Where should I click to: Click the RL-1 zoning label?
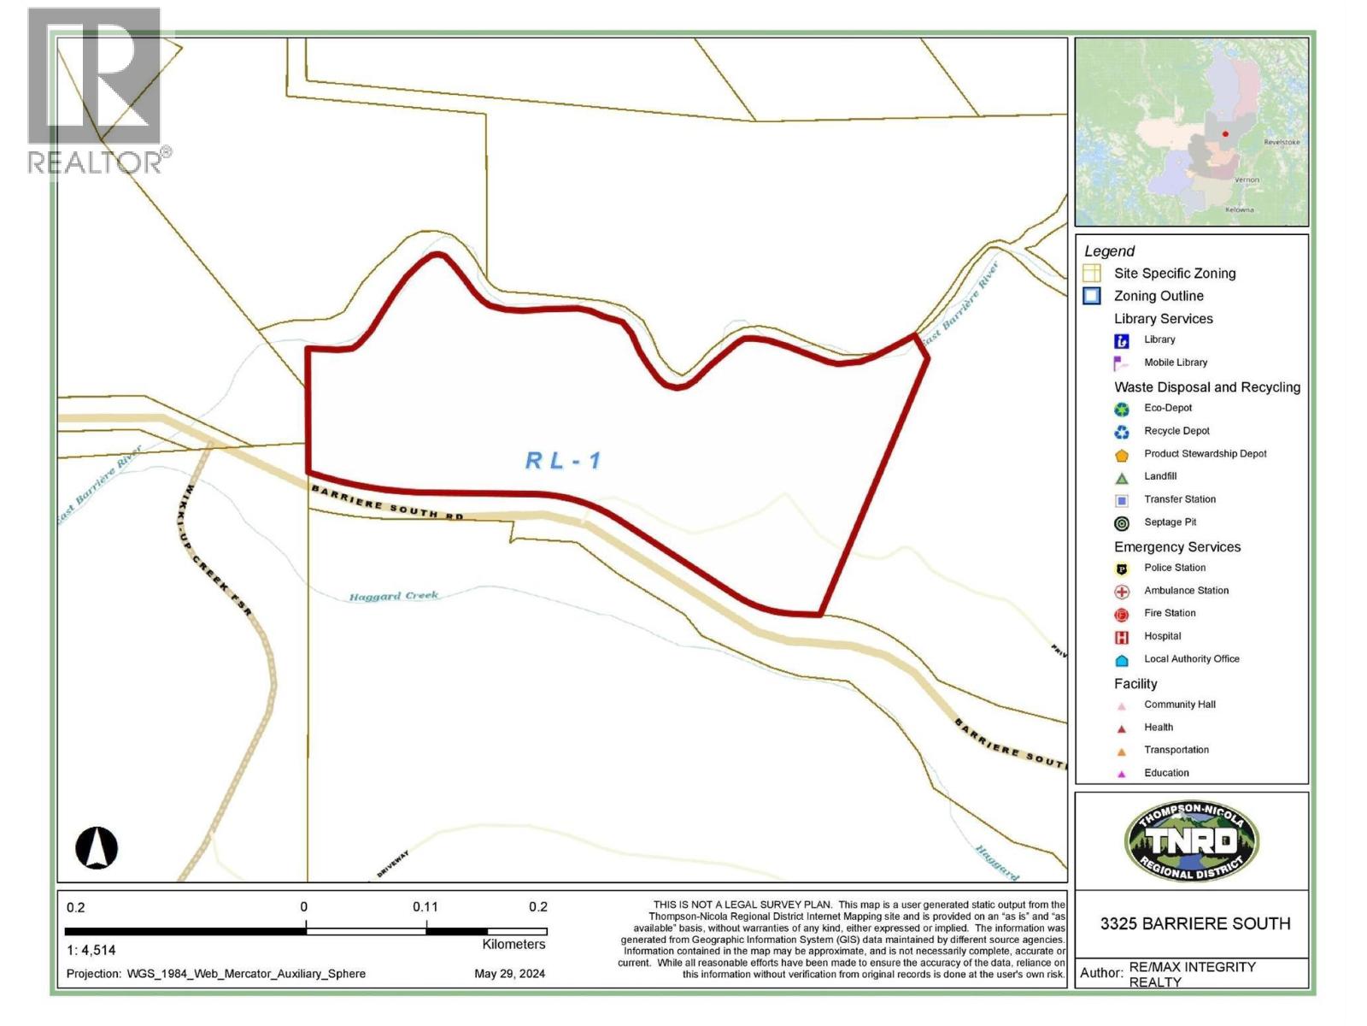click(x=563, y=461)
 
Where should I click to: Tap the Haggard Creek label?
click(x=394, y=596)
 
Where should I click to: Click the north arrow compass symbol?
click(x=97, y=847)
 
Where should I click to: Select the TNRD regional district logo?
click(x=1191, y=841)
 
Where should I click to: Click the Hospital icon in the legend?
click(x=1122, y=637)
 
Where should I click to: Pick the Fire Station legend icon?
click(x=1122, y=614)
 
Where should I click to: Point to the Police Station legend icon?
click(x=1122, y=569)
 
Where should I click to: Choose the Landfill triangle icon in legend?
click(x=1122, y=478)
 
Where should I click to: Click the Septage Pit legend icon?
click(x=1122, y=523)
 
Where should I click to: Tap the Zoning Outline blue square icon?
click(x=1092, y=296)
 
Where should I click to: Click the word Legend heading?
click(x=1109, y=251)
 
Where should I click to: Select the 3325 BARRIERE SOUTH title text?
click(x=1194, y=923)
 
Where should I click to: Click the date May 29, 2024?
click(x=509, y=974)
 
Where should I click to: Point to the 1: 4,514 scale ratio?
click(x=91, y=950)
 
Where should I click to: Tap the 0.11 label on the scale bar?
click(x=425, y=907)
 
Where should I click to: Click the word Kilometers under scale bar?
click(x=513, y=945)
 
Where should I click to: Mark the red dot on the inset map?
click(x=1225, y=134)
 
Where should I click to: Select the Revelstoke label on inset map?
click(x=1282, y=142)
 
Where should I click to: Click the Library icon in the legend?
click(x=1122, y=340)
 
